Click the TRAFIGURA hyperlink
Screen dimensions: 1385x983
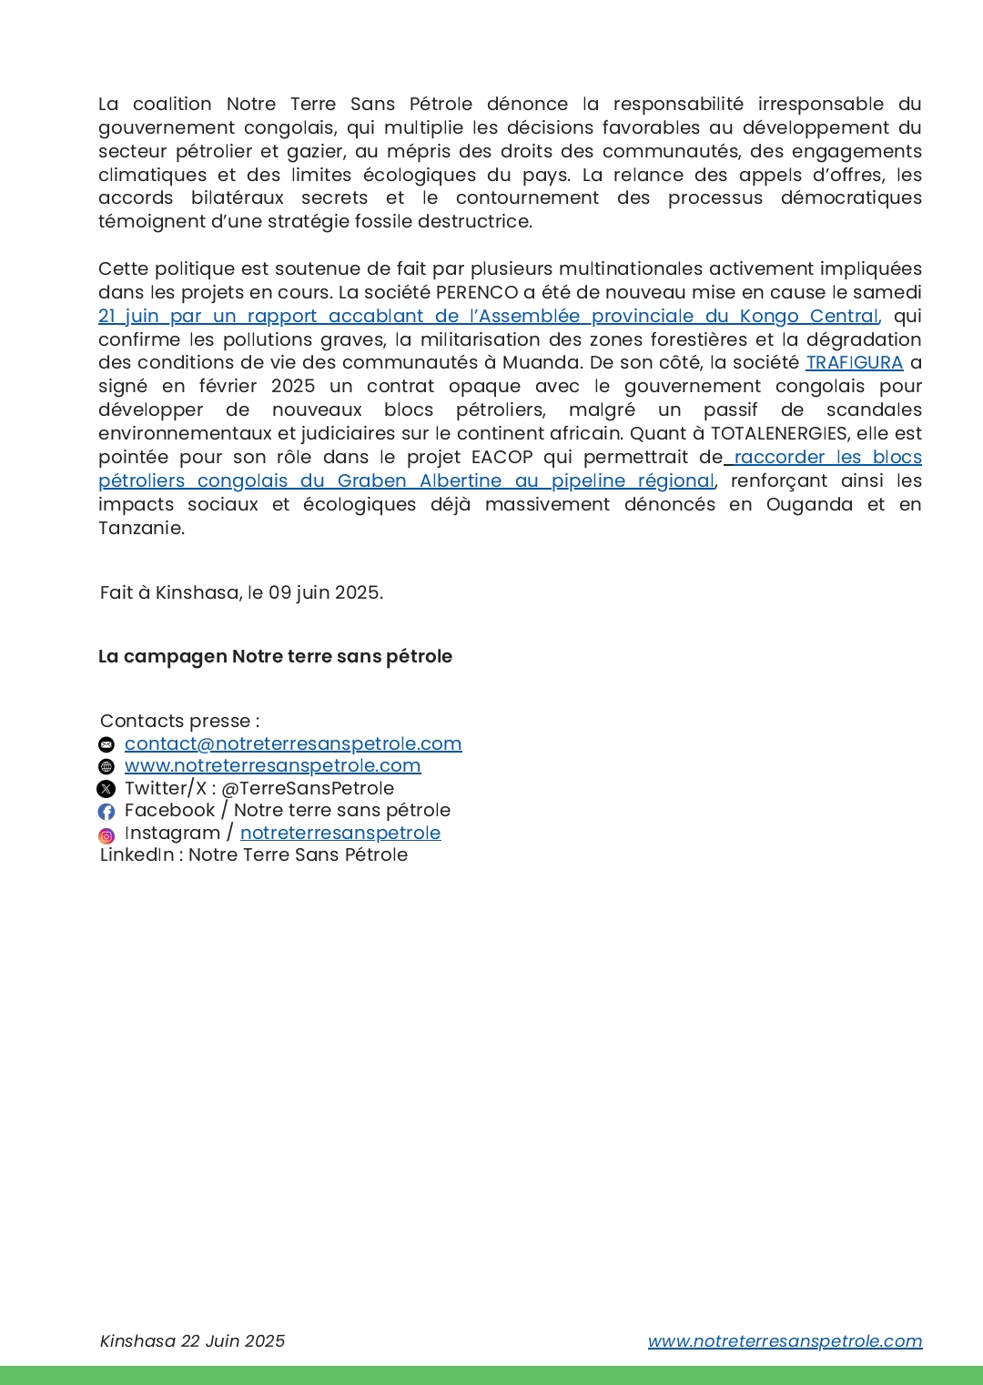coord(854,363)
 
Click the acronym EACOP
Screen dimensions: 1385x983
coord(502,457)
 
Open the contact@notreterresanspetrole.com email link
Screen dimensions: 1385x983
coord(293,744)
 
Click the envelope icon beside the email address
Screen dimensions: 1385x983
coord(106,744)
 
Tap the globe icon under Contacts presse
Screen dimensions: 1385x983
coord(106,766)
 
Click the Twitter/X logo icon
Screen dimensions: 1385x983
coord(106,789)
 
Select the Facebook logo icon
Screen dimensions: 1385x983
coord(106,811)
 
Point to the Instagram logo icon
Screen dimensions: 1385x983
coord(106,834)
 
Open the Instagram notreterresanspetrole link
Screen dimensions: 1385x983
coord(340,833)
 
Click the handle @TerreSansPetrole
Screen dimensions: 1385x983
coord(308,789)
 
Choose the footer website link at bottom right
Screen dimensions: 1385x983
coord(785,1341)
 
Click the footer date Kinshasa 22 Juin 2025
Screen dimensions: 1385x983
coord(192,1341)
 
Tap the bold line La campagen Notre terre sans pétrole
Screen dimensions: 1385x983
coord(275,657)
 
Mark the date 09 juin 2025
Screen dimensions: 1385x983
coord(324,593)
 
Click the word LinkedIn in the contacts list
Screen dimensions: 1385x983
coord(137,855)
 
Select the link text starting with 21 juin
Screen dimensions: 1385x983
coord(488,317)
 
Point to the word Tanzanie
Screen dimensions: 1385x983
coord(140,529)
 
